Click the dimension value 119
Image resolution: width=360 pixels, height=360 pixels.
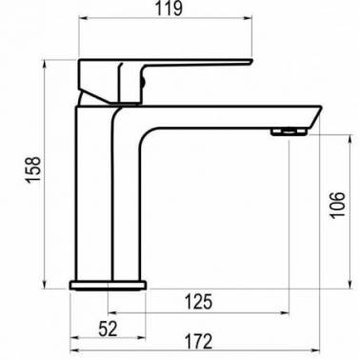(169, 9)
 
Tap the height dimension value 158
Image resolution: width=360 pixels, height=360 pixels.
(33, 170)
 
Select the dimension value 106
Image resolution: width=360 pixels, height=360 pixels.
(337, 205)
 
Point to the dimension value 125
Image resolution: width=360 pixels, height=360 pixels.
(198, 302)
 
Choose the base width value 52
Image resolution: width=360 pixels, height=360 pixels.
(108, 329)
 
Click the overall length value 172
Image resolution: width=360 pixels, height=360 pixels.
(197, 341)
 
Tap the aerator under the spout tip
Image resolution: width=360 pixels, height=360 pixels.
(289, 131)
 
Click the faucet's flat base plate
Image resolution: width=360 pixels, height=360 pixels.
(108, 285)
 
